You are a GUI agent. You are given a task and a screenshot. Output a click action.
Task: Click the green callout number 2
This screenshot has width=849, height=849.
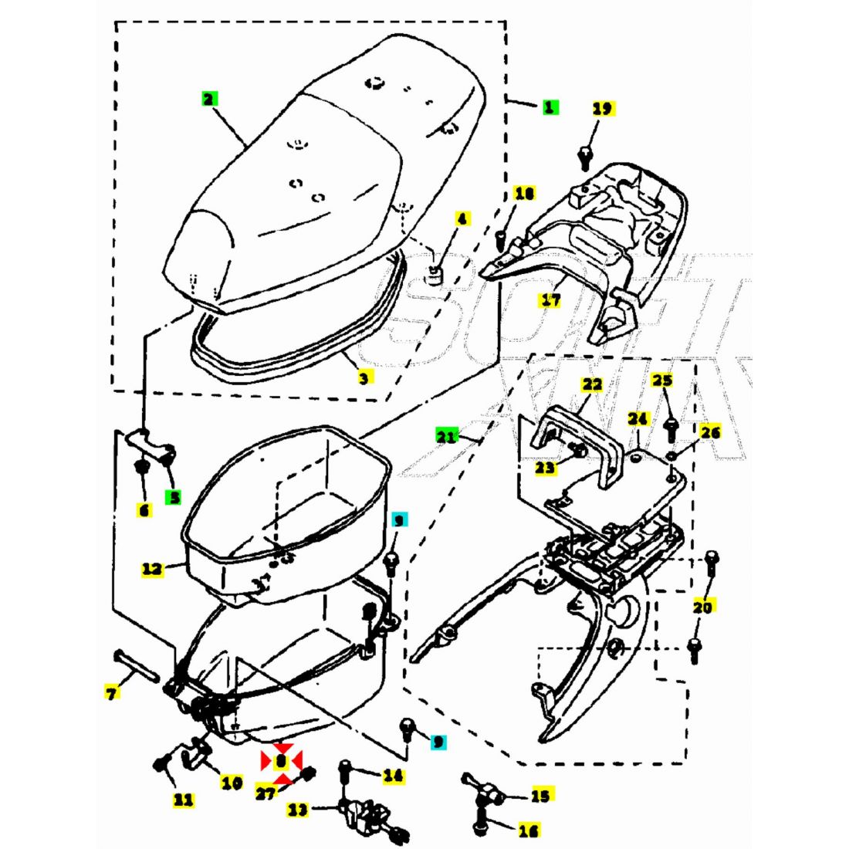pyautogui.click(x=208, y=99)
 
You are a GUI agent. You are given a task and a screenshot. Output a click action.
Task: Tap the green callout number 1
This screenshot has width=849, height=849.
pyautogui.click(x=549, y=107)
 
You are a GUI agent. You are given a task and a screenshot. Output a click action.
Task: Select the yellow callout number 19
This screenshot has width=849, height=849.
pyautogui.click(x=603, y=109)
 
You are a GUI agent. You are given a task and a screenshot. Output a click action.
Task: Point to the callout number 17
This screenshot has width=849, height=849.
pyautogui.click(x=550, y=299)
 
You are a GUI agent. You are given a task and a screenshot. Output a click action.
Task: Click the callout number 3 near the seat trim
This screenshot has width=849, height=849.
pyautogui.click(x=364, y=377)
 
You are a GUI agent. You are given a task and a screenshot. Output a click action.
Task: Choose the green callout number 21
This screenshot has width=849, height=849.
pyautogui.click(x=445, y=437)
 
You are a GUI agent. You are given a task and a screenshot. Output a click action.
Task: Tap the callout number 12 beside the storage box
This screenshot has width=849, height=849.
pyautogui.click(x=152, y=569)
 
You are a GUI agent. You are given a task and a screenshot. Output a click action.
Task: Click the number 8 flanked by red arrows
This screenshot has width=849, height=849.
pyautogui.click(x=281, y=761)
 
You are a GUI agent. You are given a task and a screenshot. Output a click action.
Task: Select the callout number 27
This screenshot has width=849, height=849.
pyautogui.click(x=265, y=793)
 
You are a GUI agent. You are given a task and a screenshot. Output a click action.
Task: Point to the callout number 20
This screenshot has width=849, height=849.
pyautogui.click(x=702, y=607)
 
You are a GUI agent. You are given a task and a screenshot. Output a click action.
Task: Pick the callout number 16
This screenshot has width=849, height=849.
pyautogui.click(x=528, y=830)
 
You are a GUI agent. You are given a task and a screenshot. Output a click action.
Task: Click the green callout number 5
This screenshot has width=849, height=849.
pyautogui.click(x=174, y=498)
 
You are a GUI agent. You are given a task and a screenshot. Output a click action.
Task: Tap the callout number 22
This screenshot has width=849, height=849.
pyautogui.click(x=592, y=384)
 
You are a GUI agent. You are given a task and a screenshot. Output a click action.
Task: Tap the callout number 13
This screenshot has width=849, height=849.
pyautogui.click(x=298, y=810)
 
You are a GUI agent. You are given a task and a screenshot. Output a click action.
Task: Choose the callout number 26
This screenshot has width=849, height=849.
pyautogui.click(x=710, y=432)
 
